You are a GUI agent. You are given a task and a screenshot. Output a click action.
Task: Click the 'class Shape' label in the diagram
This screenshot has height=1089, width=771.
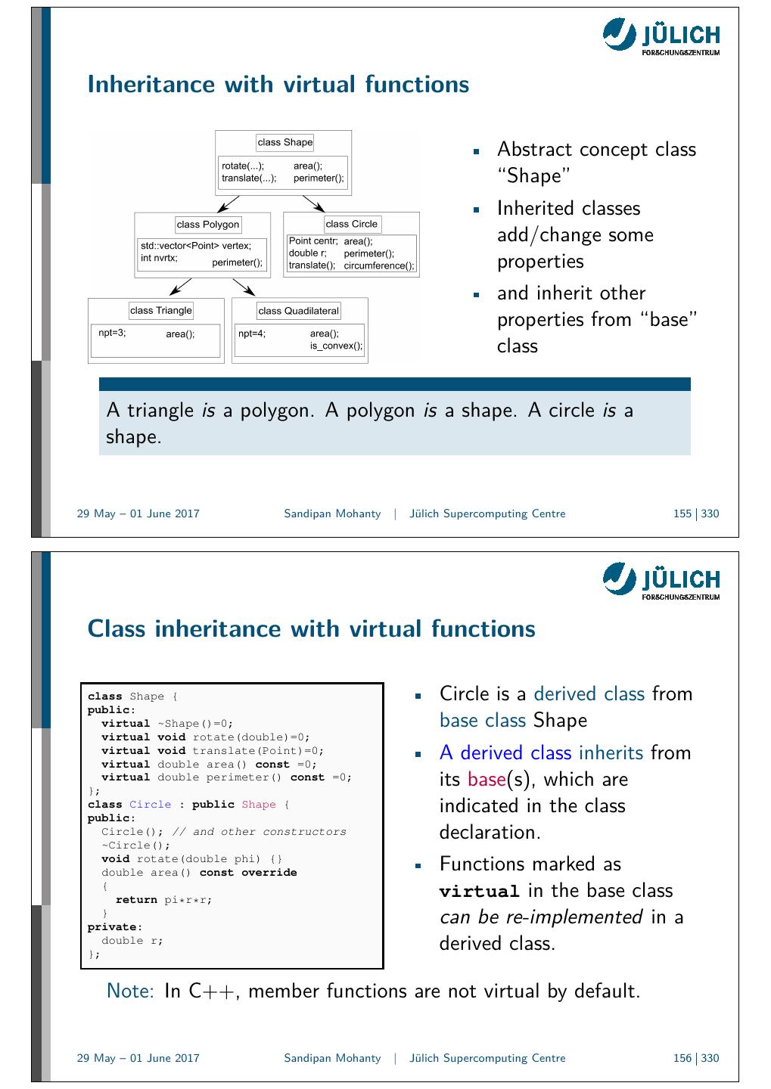[x=284, y=142]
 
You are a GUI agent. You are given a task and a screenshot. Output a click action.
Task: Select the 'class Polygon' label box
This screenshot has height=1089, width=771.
[x=207, y=224]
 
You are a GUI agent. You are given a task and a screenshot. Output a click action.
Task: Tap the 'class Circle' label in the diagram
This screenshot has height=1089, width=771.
[x=351, y=224]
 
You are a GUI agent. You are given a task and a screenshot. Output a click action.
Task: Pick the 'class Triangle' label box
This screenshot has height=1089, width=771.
[x=161, y=310]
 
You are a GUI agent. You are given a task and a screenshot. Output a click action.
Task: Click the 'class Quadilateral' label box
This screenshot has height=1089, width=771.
[x=298, y=311]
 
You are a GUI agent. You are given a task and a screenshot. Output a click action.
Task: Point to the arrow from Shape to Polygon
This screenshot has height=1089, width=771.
[x=228, y=203]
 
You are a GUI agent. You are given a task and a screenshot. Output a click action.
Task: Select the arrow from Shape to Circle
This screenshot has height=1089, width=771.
[x=313, y=203]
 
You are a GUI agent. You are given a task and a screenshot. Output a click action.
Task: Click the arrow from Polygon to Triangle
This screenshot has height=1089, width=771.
[x=180, y=286]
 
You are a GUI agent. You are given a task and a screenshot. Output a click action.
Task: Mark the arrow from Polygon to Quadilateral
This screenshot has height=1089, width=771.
[x=244, y=287]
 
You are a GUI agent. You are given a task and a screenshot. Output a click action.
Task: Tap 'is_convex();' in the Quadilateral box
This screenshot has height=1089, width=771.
[x=336, y=346]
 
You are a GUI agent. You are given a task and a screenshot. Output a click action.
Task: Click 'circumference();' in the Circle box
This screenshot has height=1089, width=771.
[x=379, y=265]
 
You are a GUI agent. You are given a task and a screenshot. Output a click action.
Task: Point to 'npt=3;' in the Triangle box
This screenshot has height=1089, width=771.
[x=112, y=332]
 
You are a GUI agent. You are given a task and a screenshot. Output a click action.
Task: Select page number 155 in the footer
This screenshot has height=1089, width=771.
[x=682, y=514]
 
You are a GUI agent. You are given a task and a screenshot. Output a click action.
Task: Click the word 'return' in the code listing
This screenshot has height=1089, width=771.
[x=136, y=900]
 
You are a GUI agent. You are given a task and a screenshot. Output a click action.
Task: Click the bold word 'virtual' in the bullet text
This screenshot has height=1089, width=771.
[x=479, y=891]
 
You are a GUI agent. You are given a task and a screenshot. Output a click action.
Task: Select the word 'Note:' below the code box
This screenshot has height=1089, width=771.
[x=131, y=991]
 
